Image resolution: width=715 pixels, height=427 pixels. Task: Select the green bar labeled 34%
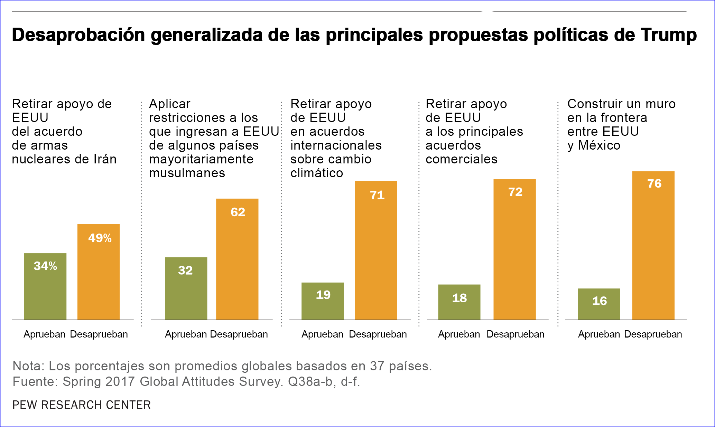45,286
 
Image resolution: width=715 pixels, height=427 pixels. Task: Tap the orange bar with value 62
237,259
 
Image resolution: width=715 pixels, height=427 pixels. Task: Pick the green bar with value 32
186,288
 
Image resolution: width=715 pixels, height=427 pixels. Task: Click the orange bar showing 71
376,250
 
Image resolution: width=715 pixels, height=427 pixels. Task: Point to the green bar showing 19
323,301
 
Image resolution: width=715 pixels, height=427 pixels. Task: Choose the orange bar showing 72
514,249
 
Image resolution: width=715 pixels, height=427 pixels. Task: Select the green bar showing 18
459,302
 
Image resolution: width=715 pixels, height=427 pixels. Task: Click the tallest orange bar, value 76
653,245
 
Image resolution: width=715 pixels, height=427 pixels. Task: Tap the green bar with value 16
599,304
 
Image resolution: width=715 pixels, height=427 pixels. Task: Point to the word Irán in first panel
105,159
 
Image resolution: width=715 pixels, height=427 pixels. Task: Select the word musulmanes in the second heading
187,173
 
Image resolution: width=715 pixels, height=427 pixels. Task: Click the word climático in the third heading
317,173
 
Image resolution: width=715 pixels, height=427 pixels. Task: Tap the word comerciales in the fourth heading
462,159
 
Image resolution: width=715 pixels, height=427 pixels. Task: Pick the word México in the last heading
599,145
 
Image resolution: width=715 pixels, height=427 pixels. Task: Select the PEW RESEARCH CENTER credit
82,405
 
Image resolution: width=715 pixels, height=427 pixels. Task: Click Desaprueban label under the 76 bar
653,334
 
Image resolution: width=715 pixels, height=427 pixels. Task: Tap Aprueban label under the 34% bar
45,334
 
